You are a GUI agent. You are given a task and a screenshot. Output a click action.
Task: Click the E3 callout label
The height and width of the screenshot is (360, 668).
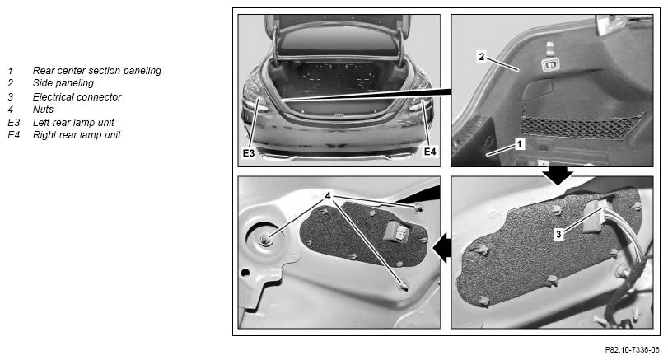pos(249,153)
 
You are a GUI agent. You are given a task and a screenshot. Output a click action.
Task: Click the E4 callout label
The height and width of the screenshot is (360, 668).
pos(430,152)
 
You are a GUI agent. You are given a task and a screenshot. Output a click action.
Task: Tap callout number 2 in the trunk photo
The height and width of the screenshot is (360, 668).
pos(481,57)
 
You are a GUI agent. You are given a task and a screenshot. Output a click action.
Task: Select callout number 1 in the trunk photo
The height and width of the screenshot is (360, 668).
pos(519,144)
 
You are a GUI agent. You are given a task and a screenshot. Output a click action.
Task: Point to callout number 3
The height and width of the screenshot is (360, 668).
pos(558,234)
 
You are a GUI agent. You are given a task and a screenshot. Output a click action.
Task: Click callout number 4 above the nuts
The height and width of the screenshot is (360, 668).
pos(328,196)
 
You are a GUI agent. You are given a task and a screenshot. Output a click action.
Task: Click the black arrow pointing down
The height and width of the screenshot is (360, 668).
pos(558,175)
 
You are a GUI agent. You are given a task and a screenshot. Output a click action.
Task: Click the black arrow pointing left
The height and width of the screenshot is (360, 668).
pos(442,248)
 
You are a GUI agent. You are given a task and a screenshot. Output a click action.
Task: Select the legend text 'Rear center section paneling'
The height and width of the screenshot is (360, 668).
pos(97,71)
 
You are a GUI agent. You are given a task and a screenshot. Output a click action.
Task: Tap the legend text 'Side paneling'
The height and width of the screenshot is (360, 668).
pos(63,83)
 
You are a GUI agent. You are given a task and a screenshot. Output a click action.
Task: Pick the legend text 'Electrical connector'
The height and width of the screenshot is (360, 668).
pos(77,97)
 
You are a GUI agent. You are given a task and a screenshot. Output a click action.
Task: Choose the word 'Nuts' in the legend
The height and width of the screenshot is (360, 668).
pos(43,110)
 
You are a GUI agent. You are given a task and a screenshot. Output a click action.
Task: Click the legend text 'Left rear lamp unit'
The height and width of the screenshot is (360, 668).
pos(73,123)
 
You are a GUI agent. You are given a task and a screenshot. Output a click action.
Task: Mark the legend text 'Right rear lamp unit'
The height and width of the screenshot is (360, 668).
pos(77,135)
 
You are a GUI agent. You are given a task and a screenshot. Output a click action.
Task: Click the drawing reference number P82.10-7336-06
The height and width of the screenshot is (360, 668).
pos(632,350)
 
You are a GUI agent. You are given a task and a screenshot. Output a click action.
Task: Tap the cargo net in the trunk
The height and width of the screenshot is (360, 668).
pos(582,127)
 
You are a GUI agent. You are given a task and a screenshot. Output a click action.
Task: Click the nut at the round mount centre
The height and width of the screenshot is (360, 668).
pos(266,241)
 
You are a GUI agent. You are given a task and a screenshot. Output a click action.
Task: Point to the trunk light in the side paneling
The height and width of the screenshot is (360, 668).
pos(550,64)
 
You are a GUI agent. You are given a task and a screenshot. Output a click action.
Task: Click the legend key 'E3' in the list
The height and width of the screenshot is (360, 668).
pos(14,123)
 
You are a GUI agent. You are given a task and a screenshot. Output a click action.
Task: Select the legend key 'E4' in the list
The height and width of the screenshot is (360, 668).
pos(14,135)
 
